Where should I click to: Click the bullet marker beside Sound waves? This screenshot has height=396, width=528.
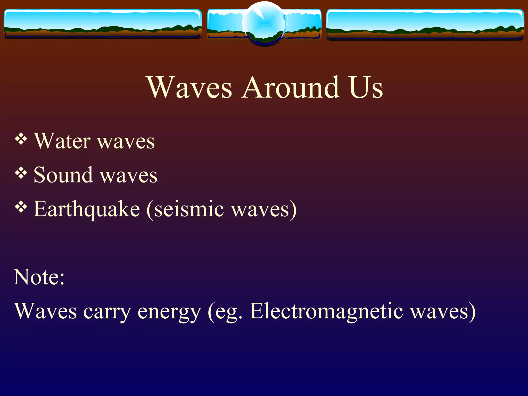pyautogui.click(x=21, y=173)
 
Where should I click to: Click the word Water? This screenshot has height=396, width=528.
pyautogui.click(x=62, y=141)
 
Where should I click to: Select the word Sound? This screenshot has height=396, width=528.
pyautogui.click(x=63, y=175)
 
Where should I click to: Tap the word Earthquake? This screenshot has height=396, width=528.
pyautogui.click(x=87, y=209)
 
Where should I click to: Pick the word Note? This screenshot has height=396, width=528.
pyautogui.click(x=39, y=277)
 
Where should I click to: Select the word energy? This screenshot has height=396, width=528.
pyautogui.click(x=169, y=312)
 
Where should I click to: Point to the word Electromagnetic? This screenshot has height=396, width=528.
pyautogui.click(x=326, y=311)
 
